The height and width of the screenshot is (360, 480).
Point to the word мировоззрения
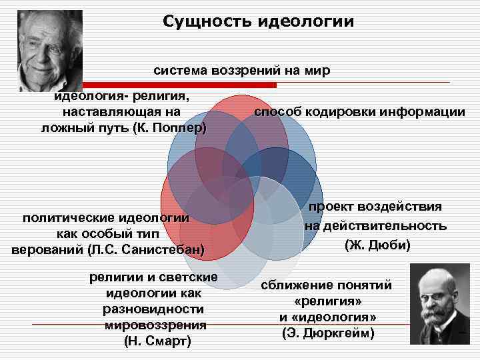[x=155, y=325]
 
